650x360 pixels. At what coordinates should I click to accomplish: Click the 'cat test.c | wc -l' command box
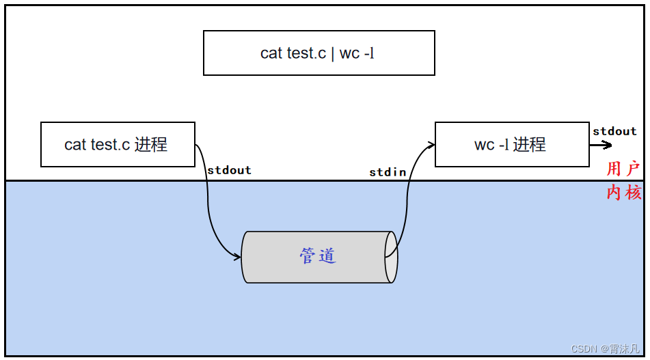click(319, 53)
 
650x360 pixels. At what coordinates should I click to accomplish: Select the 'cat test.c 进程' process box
click(118, 144)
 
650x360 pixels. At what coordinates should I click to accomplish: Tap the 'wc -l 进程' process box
click(511, 144)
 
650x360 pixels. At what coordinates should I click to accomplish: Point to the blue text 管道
click(318, 256)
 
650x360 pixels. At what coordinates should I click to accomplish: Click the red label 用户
click(623, 169)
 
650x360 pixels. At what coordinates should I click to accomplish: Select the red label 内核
click(623, 192)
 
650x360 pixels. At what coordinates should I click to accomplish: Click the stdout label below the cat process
click(229, 170)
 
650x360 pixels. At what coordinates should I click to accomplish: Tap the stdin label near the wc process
click(388, 172)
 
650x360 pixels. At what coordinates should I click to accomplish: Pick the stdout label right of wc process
click(614, 131)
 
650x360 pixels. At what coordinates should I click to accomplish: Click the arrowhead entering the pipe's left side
click(237, 257)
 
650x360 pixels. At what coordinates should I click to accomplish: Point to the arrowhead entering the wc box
click(431, 143)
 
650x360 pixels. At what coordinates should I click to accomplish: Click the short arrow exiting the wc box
click(601, 145)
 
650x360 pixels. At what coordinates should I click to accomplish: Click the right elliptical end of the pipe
click(391, 257)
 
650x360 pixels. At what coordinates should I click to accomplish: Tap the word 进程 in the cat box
click(150, 145)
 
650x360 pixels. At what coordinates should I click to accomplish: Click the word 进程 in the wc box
click(529, 145)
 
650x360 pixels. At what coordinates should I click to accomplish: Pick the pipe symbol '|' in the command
click(332, 53)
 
